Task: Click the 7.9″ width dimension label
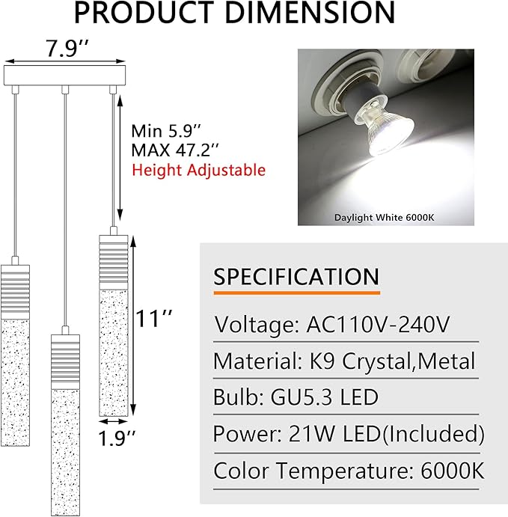[67, 48]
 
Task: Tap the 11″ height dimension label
[153, 319]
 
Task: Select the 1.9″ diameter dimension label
[117, 438]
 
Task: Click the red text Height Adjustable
[199, 171]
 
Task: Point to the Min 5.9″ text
[166, 131]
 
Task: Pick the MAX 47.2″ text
[175, 150]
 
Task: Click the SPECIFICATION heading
[296, 276]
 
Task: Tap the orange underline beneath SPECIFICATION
[297, 293]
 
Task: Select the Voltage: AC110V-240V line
[331, 325]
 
